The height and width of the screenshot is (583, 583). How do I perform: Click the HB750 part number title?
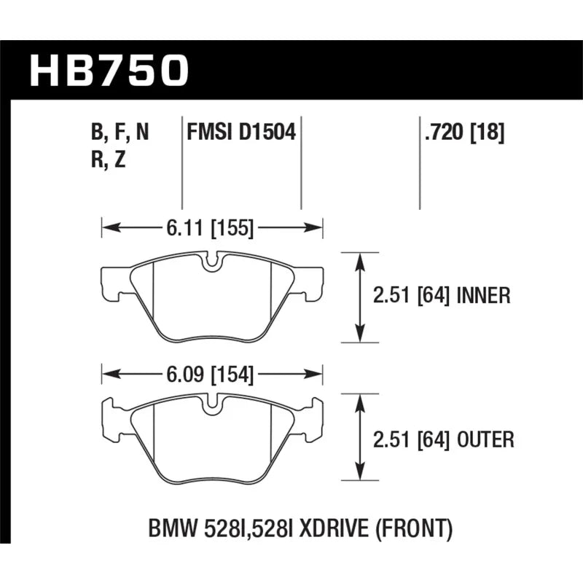coord(109,70)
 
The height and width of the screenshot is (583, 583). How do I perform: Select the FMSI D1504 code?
coord(241,132)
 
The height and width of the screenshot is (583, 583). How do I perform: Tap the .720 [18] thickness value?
coord(464,132)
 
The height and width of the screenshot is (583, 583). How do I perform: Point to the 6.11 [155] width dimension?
coord(210,227)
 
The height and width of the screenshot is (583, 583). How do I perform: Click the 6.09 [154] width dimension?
coord(210,374)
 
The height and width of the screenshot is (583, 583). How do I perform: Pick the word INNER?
coord(483,296)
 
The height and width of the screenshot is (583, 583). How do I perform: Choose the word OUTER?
coord(485,439)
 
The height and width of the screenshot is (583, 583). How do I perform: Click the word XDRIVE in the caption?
coord(334,529)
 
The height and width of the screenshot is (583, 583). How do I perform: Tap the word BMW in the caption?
coord(172,529)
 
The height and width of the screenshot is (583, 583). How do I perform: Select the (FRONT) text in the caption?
coord(414,529)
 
